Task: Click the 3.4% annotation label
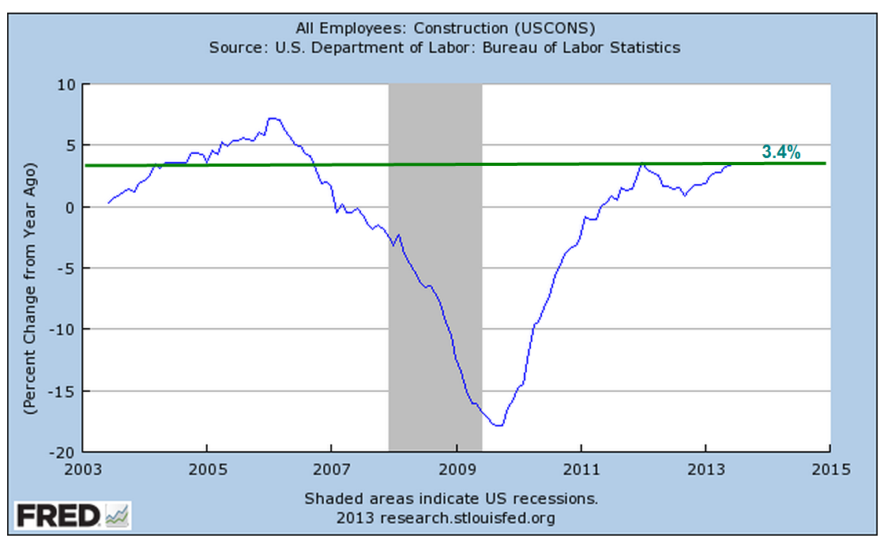click(782, 152)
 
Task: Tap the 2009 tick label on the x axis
click(457, 469)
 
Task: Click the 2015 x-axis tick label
click(829, 469)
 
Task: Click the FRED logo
click(73, 518)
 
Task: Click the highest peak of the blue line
click(272, 119)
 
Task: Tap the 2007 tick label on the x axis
click(332, 469)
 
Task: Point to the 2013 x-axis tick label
click(705, 469)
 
